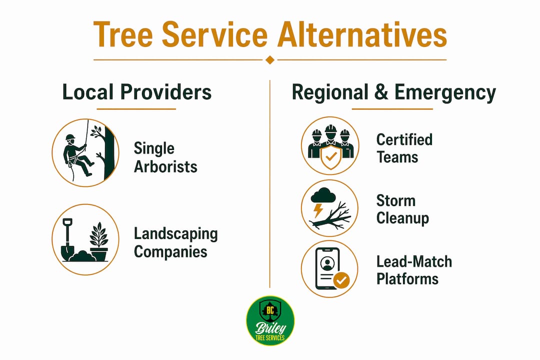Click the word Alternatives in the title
point(362,34)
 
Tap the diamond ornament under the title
point(270,60)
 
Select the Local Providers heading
point(136,92)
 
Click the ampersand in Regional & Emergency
point(381,92)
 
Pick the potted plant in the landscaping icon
point(99,241)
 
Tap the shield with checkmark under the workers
point(330,157)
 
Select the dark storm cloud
point(322,195)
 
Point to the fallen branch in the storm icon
point(331,217)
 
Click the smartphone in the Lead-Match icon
point(327,268)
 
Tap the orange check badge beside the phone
point(341,280)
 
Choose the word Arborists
point(165,166)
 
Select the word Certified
point(404,139)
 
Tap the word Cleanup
point(402,218)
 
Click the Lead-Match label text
point(414,261)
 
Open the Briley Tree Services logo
point(270,320)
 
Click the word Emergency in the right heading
point(445,93)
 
